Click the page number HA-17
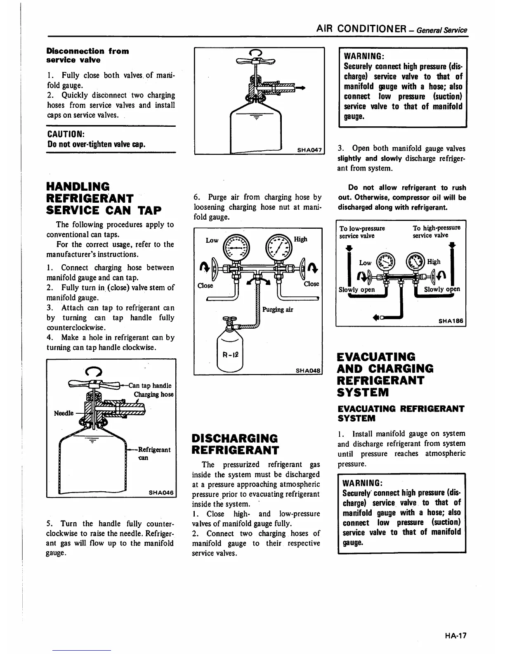point(455,636)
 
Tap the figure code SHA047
point(309,150)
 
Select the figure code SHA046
point(162,492)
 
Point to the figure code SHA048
point(308,370)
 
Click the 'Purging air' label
point(278,310)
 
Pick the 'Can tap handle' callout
point(150,386)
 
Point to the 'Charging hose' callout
point(153,394)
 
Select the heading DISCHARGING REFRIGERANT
point(236,443)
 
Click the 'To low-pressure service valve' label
point(362,232)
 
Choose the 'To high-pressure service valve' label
point(437,232)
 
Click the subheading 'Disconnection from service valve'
point(87,55)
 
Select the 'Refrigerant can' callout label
point(153,453)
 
